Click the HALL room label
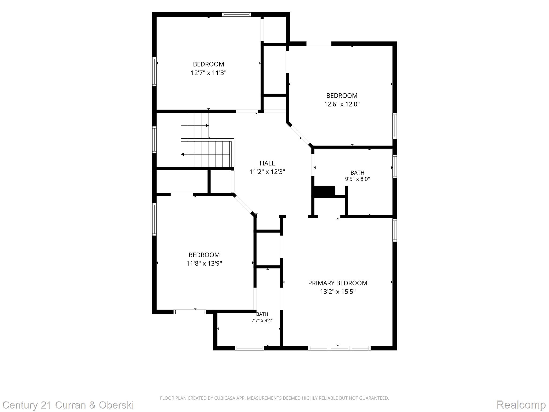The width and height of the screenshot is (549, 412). tap(267, 163)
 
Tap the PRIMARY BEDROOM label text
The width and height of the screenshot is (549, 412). tap(337, 283)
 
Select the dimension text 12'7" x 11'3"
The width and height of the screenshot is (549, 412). tap(209, 73)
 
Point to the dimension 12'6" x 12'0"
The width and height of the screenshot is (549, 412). tap(342, 104)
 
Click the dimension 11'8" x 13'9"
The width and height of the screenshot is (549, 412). tap(204, 263)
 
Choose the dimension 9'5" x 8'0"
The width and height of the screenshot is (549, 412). tap(357, 179)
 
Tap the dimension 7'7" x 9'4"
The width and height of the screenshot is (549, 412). tap(262, 320)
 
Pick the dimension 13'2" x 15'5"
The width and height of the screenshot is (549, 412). tap(338, 292)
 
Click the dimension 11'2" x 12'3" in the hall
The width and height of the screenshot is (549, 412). tap(267, 172)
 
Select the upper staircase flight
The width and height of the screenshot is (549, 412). tap(195, 126)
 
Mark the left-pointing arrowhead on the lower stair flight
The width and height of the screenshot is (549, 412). tap(182, 154)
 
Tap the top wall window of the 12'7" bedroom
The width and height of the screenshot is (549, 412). tap(236, 14)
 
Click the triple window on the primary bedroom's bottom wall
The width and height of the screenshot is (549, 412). tap(339, 348)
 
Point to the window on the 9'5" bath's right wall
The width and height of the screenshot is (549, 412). tap(395, 166)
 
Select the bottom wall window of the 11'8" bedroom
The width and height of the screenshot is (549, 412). tap(190, 312)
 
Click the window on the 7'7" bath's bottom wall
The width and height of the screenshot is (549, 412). tap(249, 348)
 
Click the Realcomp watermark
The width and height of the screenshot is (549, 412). tap(521, 404)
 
